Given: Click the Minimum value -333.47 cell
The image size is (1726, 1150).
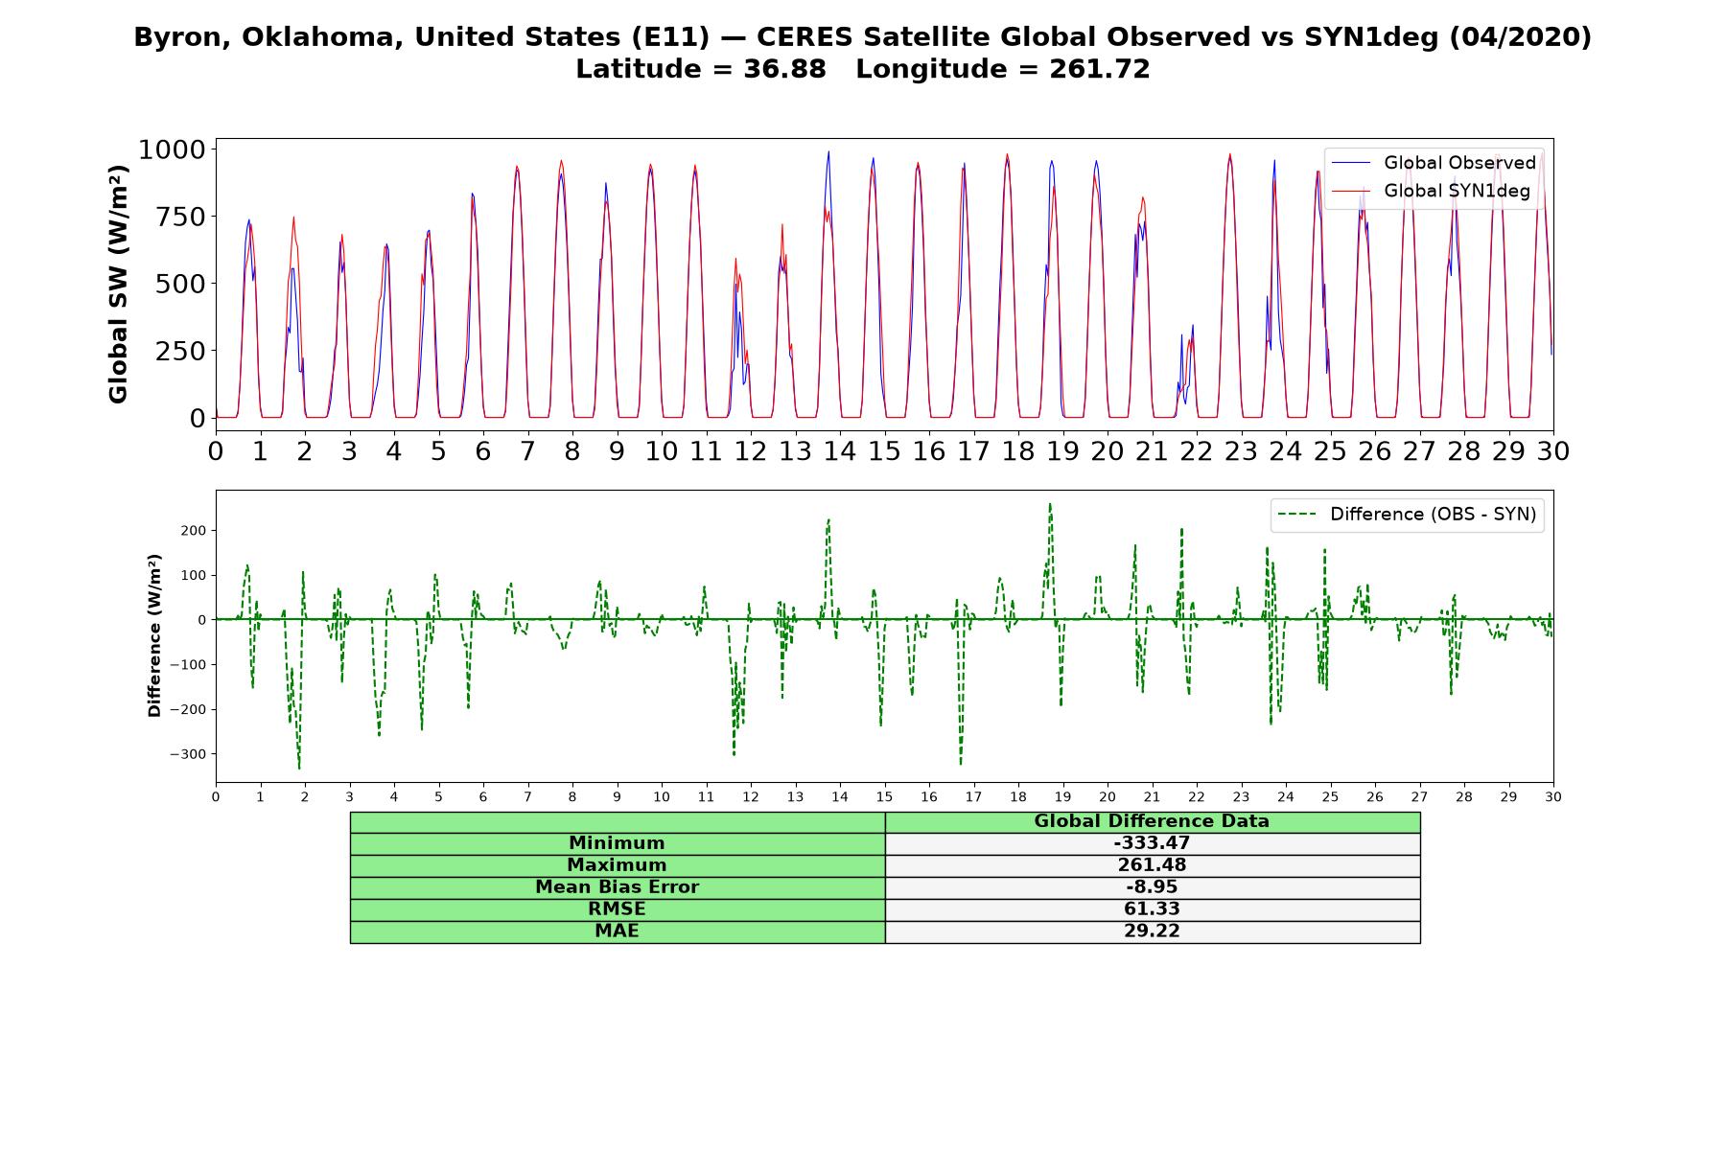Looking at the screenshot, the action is pyautogui.click(x=1152, y=843).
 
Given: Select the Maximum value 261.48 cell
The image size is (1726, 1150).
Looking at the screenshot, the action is pyautogui.click(x=1152, y=865).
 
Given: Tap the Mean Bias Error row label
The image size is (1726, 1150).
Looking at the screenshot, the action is pyautogui.click(x=617, y=887).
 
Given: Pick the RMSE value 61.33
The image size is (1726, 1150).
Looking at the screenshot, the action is pyautogui.click(x=1152, y=909).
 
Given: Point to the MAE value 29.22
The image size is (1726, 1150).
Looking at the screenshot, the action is pyautogui.click(x=1152, y=931).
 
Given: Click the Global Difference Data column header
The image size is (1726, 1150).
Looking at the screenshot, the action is pyautogui.click(x=1152, y=821).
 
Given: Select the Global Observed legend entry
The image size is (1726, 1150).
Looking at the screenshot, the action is pyautogui.click(x=1434, y=163).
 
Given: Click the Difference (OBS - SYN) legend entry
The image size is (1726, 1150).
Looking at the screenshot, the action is pyautogui.click(x=1408, y=515).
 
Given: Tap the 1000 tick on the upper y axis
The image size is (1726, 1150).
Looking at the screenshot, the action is pyautogui.click(x=172, y=149).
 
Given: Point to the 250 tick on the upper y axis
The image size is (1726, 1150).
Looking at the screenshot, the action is pyautogui.click(x=183, y=351).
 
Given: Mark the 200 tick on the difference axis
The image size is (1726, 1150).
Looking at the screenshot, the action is pyautogui.click(x=195, y=530).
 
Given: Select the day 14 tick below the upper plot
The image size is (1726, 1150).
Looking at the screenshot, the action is pyautogui.click(x=840, y=451).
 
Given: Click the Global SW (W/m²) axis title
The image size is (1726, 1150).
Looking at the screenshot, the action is pyautogui.click(x=118, y=284).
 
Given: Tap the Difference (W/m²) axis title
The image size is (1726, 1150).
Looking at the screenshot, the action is pyautogui.click(x=154, y=635).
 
